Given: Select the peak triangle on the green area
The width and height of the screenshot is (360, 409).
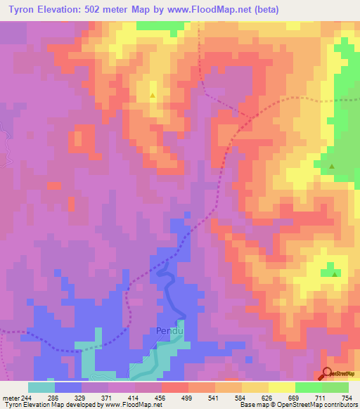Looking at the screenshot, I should [333, 167].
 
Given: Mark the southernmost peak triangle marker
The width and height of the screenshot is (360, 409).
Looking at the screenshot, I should [334, 273].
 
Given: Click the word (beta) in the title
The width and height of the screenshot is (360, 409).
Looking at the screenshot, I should [262, 10].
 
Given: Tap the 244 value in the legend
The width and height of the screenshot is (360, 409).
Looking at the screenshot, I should [27, 397].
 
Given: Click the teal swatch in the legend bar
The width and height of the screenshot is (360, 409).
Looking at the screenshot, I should [41, 387].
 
